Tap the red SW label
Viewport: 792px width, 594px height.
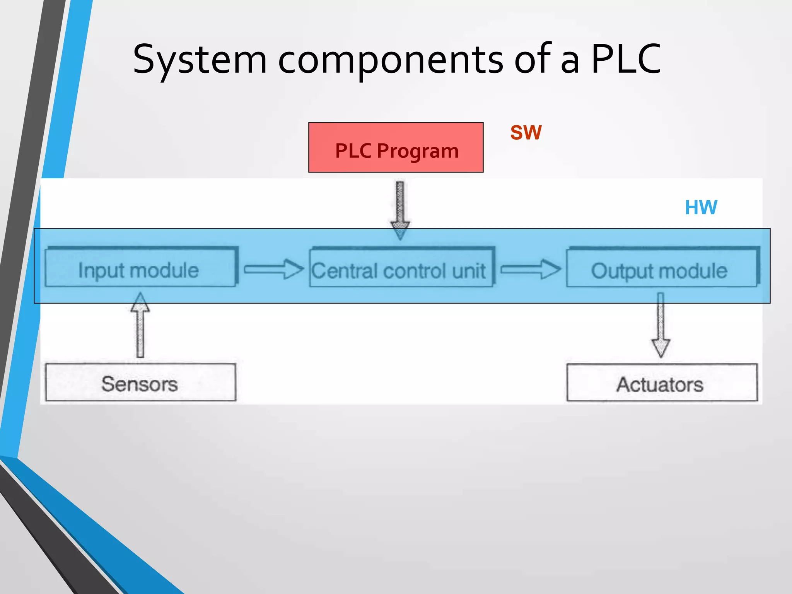click(526, 133)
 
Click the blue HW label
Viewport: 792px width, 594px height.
click(701, 208)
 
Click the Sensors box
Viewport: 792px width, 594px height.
click(140, 382)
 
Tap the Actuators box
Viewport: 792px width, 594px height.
click(662, 383)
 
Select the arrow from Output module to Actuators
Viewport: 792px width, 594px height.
click(661, 325)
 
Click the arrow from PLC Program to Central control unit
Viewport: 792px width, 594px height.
click(400, 209)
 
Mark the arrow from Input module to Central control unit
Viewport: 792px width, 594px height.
click(273, 269)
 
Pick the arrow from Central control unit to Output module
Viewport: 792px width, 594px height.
click(530, 269)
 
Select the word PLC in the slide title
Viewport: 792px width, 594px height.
click(626, 59)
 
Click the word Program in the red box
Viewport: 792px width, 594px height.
click(418, 151)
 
